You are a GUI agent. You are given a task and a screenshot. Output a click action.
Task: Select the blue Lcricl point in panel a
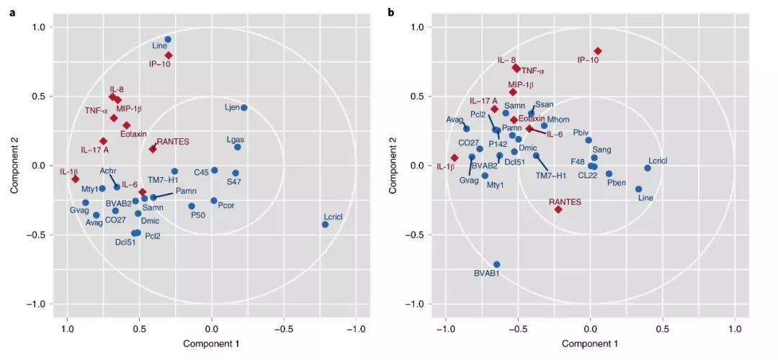coord(325,225)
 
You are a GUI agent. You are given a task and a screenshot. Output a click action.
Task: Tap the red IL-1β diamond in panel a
coord(76,179)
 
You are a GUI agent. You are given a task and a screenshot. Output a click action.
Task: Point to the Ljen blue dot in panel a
coord(243,108)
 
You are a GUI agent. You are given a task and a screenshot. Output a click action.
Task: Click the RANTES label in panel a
coord(172,143)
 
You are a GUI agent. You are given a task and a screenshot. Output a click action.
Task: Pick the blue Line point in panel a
coord(168,40)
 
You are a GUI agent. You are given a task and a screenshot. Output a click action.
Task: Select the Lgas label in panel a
coord(236,138)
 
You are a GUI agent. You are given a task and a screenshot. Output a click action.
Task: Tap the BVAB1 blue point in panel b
coord(496,264)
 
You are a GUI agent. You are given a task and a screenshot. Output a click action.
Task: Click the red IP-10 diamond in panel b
coord(597,51)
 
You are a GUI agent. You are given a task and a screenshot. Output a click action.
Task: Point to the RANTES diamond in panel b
coord(558,209)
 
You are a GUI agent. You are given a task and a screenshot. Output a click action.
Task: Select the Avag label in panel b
coord(455,120)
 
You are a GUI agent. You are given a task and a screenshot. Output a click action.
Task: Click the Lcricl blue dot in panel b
coord(647,168)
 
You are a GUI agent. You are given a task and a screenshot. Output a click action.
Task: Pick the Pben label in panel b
coord(617,183)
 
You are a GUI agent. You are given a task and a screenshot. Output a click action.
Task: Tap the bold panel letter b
coord(391,12)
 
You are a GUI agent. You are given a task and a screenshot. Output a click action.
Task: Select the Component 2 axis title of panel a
coord(15,165)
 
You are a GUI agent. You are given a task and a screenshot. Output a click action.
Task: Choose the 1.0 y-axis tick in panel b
coord(425,27)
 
